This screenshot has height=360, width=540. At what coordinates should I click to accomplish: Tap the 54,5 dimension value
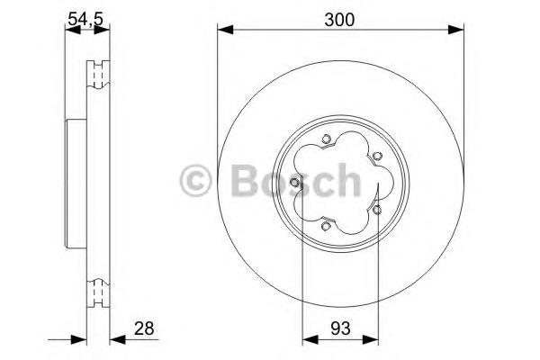(85, 16)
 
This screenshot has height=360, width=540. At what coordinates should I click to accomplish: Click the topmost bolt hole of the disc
(326, 139)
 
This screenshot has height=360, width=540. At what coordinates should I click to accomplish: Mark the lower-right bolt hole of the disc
(377, 210)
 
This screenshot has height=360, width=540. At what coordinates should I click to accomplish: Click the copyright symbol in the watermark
(197, 181)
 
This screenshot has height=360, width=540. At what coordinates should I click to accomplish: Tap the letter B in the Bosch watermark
(238, 181)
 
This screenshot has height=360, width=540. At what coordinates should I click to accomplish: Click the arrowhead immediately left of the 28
(113, 340)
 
